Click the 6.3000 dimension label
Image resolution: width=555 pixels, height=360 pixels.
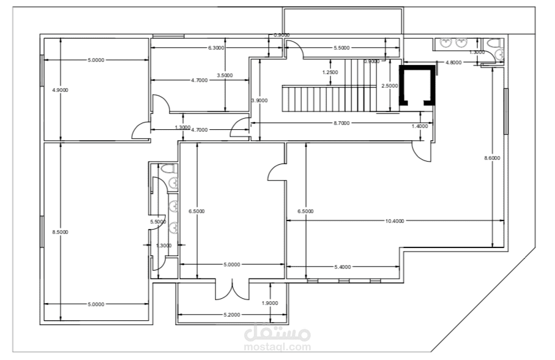(215, 48)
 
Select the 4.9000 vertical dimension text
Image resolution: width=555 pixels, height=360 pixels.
(60, 90)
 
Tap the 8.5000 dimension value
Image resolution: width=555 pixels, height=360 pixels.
(60, 232)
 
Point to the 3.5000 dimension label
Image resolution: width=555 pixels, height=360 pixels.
(225, 75)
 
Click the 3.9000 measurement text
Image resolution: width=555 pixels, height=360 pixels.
(259, 100)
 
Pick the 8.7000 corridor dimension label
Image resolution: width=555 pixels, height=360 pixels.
(341, 123)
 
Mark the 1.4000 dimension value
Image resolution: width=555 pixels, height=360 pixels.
(420, 126)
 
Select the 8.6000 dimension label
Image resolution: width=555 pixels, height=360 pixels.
(493, 158)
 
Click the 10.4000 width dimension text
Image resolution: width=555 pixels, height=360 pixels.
(395, 221)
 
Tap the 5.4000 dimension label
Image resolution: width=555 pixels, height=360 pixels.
(343, 267)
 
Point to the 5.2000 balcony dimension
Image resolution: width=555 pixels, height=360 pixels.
(232, 315)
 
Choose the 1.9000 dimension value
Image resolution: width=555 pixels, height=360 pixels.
(270, 303)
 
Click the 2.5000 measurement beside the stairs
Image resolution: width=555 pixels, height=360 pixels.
(390, 86)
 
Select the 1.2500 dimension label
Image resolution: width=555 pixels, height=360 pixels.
(330, 72)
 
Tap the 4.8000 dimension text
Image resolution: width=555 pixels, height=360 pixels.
(453, 62)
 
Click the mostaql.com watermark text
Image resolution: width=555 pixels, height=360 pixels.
(278, 347)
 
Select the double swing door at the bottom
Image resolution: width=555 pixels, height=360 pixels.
(232, 290)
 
